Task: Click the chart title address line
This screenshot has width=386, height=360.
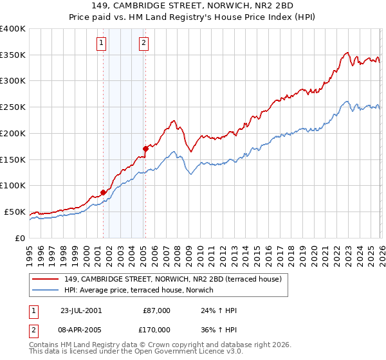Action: pos(193,6)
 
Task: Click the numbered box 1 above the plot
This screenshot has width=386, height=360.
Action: pos(102,43)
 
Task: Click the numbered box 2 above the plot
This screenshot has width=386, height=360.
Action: pos(143,43)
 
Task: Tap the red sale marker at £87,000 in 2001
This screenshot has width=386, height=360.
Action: pos(104,192)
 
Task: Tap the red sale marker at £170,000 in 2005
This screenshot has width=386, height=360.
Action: pos(145,148)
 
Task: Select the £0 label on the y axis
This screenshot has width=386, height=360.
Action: pos(19,238)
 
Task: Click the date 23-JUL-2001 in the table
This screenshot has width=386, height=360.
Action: pos(81,310)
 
